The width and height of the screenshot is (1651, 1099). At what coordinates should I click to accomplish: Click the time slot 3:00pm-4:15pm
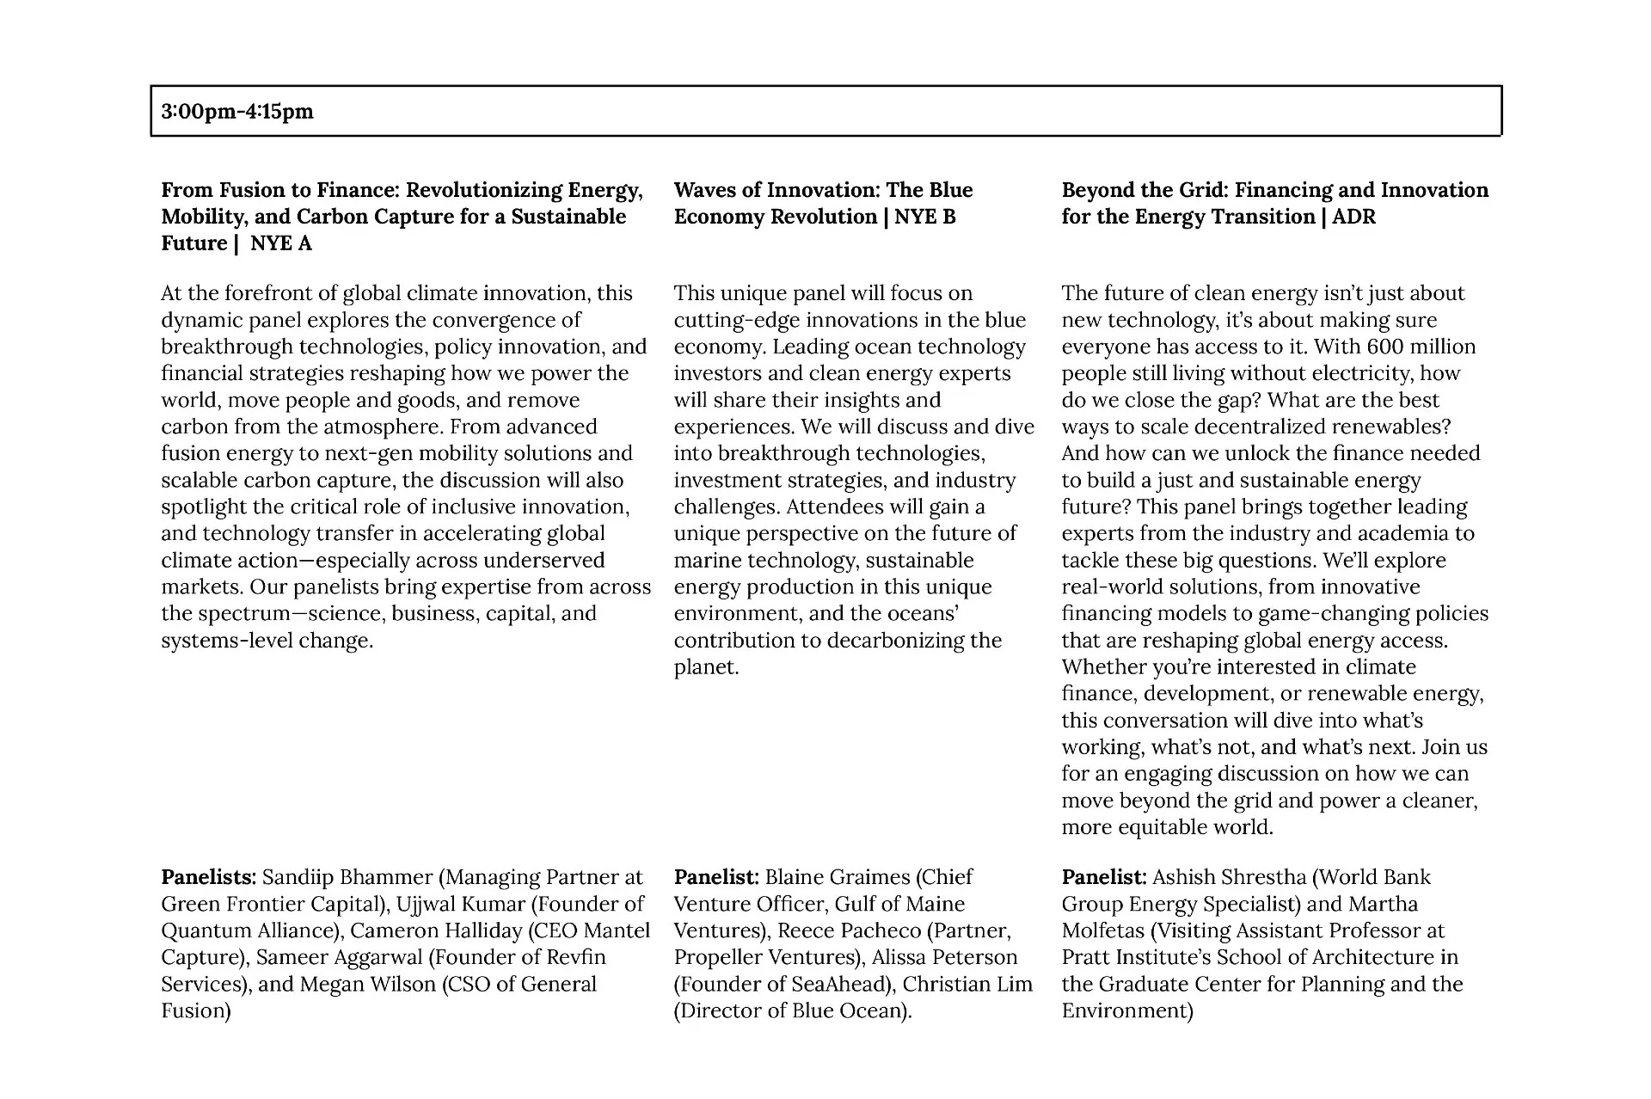237,112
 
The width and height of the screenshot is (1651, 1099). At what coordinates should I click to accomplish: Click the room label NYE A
281,243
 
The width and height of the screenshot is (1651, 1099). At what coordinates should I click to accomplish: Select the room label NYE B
925,217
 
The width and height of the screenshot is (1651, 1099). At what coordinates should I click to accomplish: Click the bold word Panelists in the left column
208,877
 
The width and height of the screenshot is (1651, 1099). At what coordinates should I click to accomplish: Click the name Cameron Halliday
436,930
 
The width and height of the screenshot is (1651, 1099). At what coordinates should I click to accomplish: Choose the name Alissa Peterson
944,957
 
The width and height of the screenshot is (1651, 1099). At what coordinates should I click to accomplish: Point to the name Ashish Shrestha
1229,877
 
